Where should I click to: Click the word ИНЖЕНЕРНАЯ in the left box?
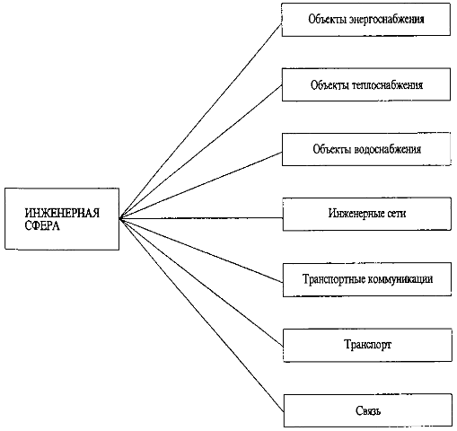tap(62, 213)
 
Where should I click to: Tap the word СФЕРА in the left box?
tap(42, 225)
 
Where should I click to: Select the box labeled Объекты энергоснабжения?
tap(365, 20)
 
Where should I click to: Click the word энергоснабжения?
tap(387, 20)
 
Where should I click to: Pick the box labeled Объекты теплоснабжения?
tap(366, 84)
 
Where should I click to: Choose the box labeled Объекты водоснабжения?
tap(366, 149)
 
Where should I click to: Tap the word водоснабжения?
tap(388, 149)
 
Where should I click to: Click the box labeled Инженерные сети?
tap(366, 214)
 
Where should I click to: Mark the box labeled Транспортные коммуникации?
tap(367, 279)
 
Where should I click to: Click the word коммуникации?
tap(400, 279)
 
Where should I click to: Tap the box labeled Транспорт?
tap(367, 345)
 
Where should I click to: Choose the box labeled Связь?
tap(368, 410)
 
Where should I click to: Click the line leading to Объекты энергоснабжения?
tap(200, 121)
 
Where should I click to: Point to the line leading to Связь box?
tap(201, 315)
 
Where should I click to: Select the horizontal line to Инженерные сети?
tap(201, 218)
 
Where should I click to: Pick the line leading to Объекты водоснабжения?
tap(200, 186)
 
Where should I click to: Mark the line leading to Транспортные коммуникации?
tap(201, 251)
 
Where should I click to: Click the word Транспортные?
tap(334, 279)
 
